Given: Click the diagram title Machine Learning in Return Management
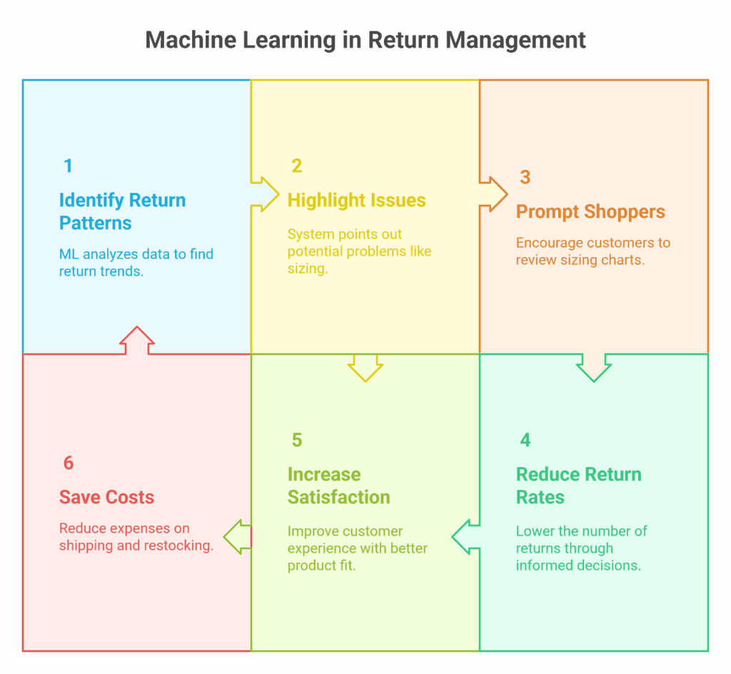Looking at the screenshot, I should (365, 40).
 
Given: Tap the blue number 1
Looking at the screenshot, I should (68, 166).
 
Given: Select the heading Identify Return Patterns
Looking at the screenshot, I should (122, 211).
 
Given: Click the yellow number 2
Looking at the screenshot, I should (297, 166).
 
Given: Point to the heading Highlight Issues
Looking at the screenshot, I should (356, 201).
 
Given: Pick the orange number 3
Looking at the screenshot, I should (525, 178).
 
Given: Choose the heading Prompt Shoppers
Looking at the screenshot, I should (590, 212).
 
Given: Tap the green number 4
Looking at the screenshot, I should (525, 441).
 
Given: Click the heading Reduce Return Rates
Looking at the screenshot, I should (578, 486).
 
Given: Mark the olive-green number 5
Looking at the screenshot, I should (297, 441).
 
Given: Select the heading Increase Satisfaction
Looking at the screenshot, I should (338, 486).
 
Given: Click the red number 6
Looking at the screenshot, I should (69, 463).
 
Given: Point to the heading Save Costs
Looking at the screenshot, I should (106, 498).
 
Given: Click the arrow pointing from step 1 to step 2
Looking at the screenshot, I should (266, 193).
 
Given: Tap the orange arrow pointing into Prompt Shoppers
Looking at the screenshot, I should (494, 193).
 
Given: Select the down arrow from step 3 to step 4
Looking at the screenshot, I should (594, 367).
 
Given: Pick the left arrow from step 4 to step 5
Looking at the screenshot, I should (465, 536).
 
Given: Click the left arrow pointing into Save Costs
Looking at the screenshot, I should (238, 536).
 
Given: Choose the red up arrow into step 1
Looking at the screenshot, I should (136, 341).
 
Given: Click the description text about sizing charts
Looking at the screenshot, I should (593, 251).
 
